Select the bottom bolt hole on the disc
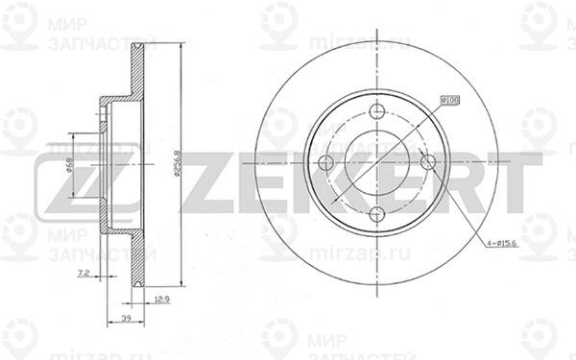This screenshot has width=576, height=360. [x=377, y=212]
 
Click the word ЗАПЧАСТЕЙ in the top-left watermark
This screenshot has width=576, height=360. [x=94, y=43]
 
